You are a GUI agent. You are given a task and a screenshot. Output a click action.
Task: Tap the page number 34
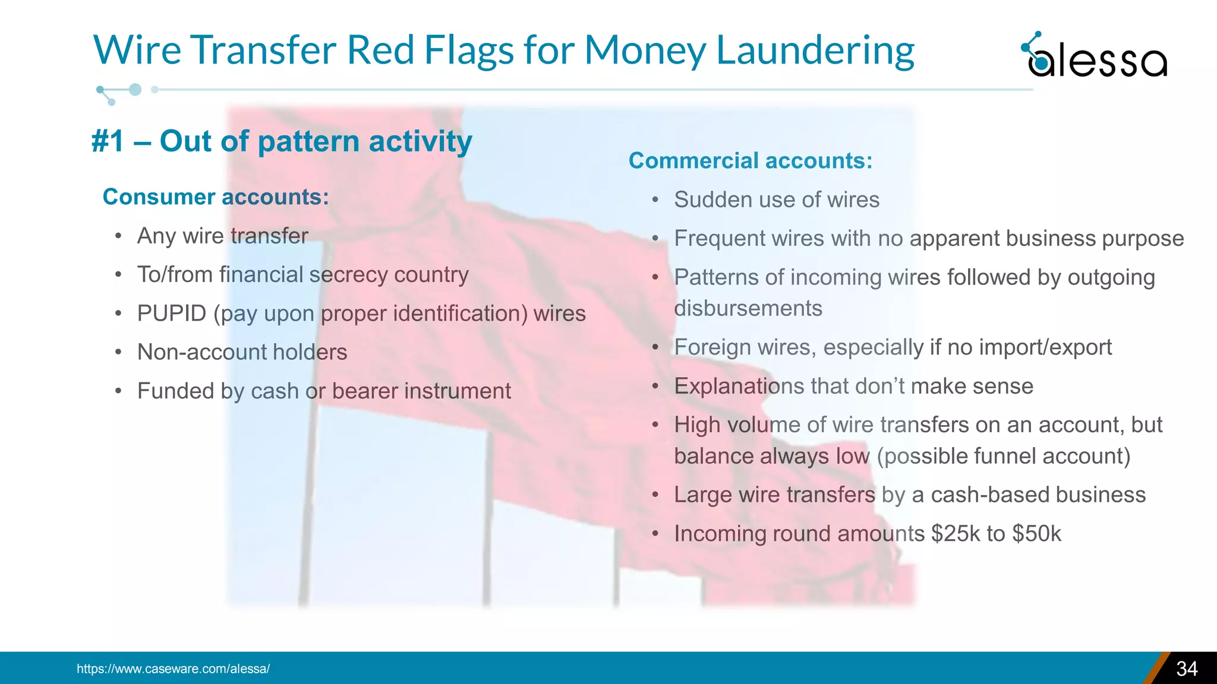1187,669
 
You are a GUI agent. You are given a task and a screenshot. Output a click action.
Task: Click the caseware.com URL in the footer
173,669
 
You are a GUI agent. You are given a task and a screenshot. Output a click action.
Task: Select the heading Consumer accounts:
216,197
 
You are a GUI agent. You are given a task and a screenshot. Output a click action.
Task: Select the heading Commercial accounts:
751,161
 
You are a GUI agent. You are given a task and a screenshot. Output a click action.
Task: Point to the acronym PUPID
171,313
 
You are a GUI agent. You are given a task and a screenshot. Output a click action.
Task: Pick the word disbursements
748,309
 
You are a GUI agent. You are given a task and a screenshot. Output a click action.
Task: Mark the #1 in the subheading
108,142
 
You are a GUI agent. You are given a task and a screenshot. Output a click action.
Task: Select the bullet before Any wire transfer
119,236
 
